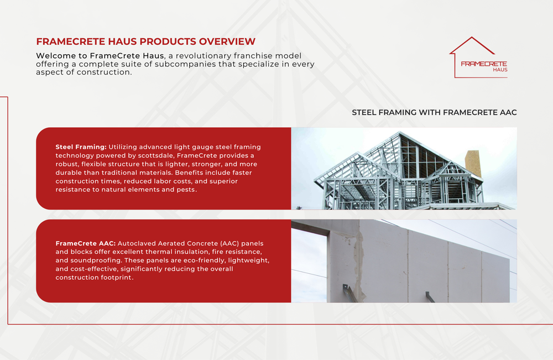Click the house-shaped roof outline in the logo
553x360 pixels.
[471, 46]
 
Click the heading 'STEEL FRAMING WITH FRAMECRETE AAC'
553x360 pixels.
[434, 112]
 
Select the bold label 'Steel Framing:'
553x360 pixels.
[81, 147]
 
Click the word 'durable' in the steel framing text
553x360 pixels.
[67, 173]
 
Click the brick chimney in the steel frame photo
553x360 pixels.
[472, 163]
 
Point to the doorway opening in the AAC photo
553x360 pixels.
[309, 265]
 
